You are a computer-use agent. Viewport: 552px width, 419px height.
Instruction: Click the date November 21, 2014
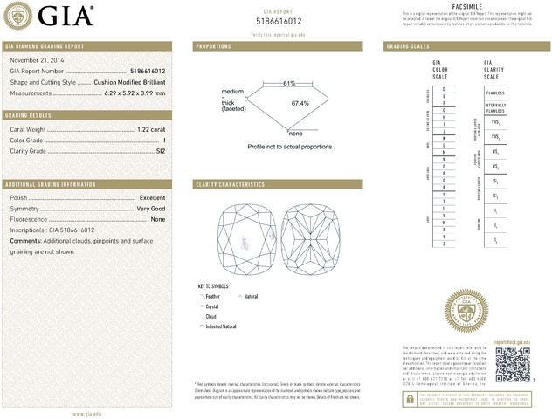point(34,58)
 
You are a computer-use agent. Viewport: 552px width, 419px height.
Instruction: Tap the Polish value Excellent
point(152,198)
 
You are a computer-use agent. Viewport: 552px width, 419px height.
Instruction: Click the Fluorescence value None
point(158,219)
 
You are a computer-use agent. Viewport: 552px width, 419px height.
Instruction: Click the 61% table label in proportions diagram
point(289,83)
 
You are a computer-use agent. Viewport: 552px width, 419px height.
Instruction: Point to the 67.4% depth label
point(300,103)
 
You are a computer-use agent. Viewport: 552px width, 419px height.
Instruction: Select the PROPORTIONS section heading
point(213,45)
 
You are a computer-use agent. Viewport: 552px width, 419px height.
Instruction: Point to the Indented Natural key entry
point(221,326)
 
